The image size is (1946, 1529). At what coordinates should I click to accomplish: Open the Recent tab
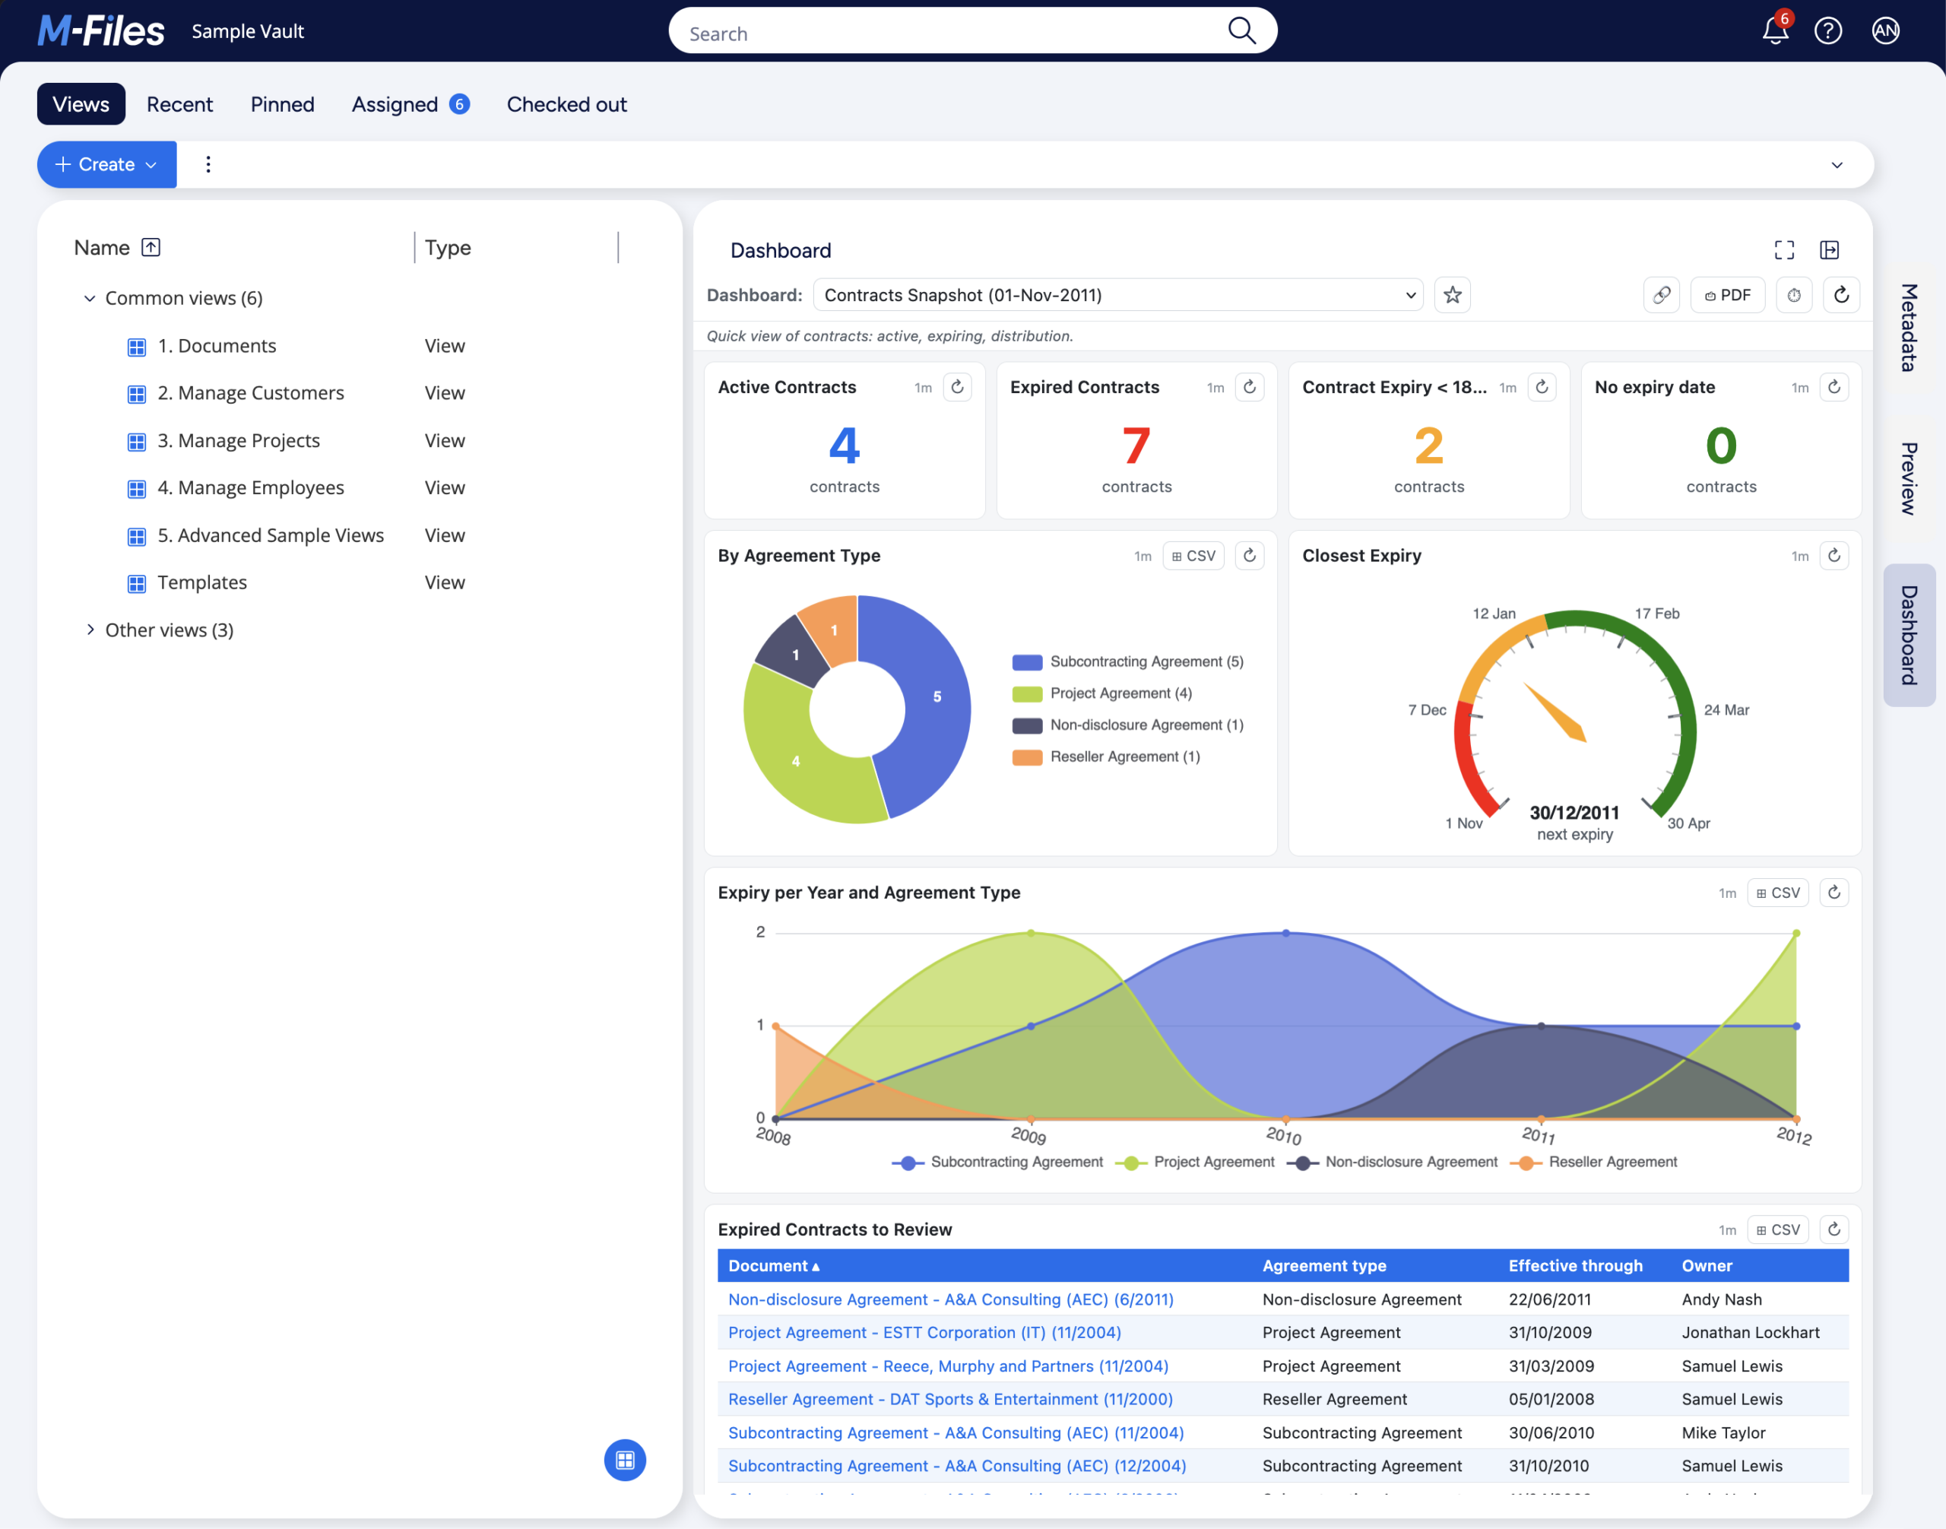click(x=180, y=105)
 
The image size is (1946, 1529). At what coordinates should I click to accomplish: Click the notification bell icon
click(x=1775, y=30)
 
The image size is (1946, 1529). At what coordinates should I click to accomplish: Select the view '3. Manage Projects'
click(x=238, y=440)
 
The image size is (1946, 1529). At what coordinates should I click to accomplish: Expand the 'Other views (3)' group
click(x=90, y=630)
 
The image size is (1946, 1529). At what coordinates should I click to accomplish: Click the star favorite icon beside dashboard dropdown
click(x=1452, y=296)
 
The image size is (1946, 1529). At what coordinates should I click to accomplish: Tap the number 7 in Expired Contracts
click(x=1136, y=446)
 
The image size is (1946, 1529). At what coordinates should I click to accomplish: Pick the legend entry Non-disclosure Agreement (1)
click(x=1128, y=725)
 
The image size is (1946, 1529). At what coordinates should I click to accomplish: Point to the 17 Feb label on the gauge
click(x=1657, y=614)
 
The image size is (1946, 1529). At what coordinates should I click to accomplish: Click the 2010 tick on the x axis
click(x=1284, y=1136)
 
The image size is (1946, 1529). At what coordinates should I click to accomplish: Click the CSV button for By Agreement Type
click(x=1193, y=556)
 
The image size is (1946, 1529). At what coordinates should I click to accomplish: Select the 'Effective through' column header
click(x=1575, y=1266)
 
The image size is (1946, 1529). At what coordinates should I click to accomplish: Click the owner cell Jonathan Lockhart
click(x=1750, y=1333)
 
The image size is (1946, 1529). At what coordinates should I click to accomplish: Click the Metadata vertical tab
click(x=1910, y=328)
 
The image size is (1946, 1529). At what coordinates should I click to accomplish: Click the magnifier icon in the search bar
click(x=1241, y=30)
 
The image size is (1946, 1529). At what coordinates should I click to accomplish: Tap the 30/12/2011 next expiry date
click(x=1574, y=813)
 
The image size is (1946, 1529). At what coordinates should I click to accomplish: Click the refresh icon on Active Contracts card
click(x=957, y=388)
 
